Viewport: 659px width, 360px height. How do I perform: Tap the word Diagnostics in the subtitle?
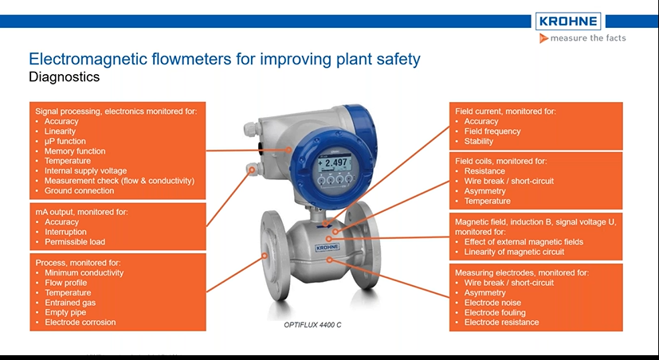(64, 78)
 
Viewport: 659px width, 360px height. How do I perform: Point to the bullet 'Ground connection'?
(79, 191)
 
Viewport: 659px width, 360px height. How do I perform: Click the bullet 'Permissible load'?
(74, 242)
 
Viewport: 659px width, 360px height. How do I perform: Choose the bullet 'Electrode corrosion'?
(80, 323)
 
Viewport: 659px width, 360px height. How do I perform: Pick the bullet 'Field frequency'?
(492, 131)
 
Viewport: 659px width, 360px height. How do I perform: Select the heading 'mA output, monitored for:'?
(80, 212)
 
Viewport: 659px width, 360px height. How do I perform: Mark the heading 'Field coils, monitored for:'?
(500, 161)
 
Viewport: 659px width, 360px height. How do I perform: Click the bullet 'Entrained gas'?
(72, 303)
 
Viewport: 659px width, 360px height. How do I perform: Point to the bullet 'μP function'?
(65, 142)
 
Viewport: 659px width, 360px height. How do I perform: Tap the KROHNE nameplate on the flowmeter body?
(327, 248)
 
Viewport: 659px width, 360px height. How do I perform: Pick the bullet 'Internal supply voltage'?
(85, 171)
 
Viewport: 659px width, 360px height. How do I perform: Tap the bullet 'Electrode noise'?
(492, 303)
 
